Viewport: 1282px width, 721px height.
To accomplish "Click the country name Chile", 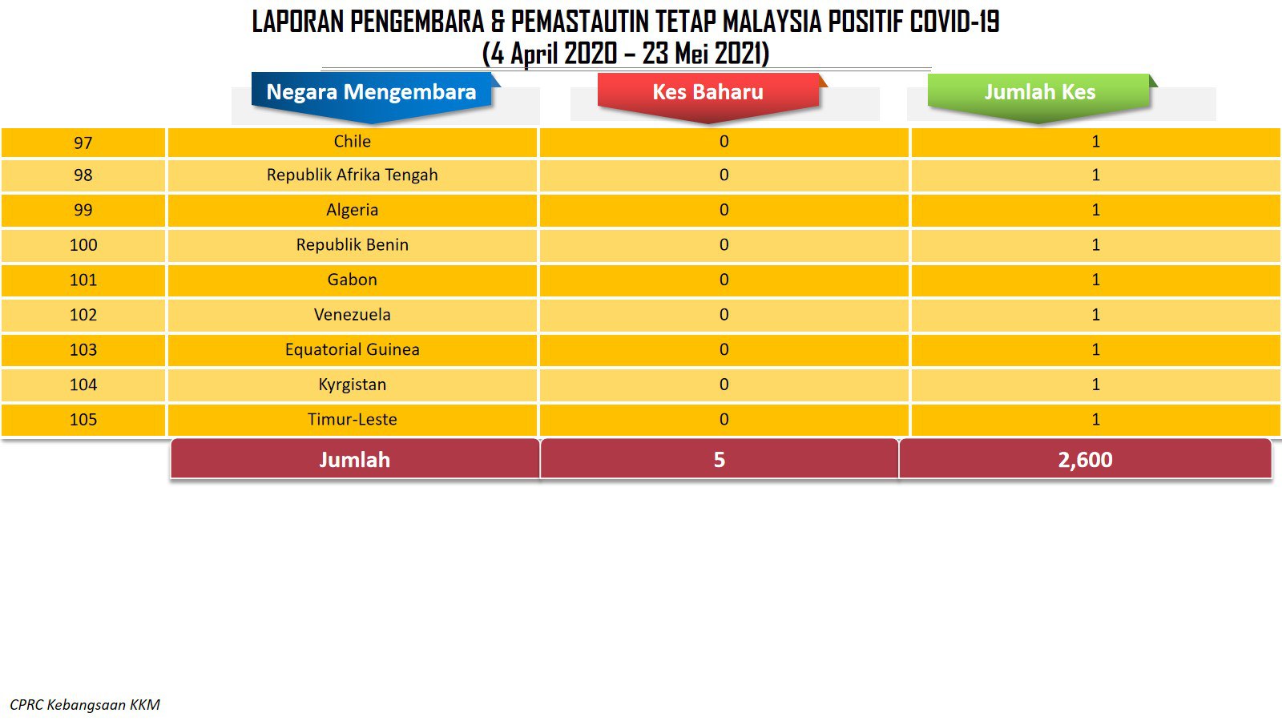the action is pos(352,141).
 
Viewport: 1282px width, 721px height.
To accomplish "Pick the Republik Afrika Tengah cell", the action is pos(352,175).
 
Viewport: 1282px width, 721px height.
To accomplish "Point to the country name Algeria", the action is pos(352,210).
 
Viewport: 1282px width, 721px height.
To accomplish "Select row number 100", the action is pos(83,245).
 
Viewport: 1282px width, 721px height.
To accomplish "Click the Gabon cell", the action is pos(352,280).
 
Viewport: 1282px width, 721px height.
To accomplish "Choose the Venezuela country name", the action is pos(352,315).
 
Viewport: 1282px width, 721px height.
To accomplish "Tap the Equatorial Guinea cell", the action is pos(352,349).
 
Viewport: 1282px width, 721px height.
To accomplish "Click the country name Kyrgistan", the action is pos(352,385).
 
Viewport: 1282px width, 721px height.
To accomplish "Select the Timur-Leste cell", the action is pos(352,420).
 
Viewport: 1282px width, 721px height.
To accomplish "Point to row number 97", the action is pos(83,143).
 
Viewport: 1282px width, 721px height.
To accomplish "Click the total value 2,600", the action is pos(1085,460).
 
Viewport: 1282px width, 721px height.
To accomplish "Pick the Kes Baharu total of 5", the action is pos(720,460).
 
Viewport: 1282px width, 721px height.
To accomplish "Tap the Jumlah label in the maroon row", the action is pos(354,460).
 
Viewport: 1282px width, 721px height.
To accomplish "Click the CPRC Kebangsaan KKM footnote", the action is pos(85,705).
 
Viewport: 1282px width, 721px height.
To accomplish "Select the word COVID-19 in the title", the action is pos(954,22).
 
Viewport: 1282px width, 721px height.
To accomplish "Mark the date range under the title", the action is pos(626,54).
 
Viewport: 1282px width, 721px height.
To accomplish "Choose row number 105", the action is pos(83,420).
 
